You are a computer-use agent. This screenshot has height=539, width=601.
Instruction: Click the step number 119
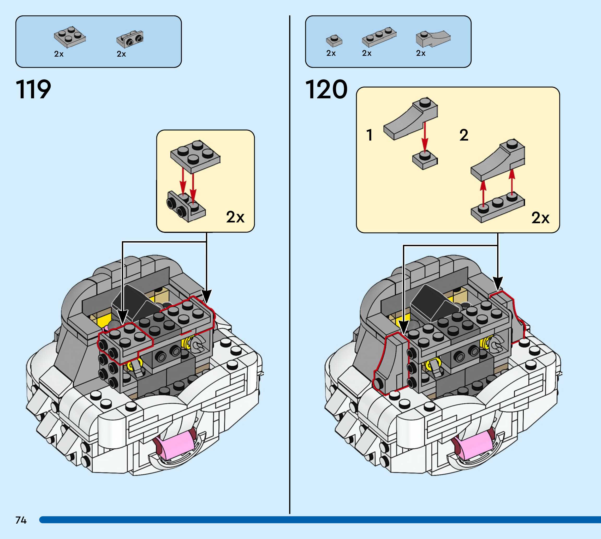33,89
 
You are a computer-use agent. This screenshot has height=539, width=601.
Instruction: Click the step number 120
326,89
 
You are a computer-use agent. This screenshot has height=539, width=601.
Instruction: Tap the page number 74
21,520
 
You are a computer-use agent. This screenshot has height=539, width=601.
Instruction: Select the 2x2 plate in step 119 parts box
70,37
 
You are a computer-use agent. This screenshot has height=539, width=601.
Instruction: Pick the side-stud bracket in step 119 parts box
130,39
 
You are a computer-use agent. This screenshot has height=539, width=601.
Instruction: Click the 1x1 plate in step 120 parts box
334,41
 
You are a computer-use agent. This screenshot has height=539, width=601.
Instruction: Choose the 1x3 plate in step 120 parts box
379,37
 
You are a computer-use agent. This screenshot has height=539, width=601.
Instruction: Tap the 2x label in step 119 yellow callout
235,217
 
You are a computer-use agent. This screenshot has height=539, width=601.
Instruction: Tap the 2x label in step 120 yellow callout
540,218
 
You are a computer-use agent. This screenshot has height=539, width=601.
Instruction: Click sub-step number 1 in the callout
369,135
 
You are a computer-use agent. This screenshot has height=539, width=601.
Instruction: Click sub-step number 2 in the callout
464,135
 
